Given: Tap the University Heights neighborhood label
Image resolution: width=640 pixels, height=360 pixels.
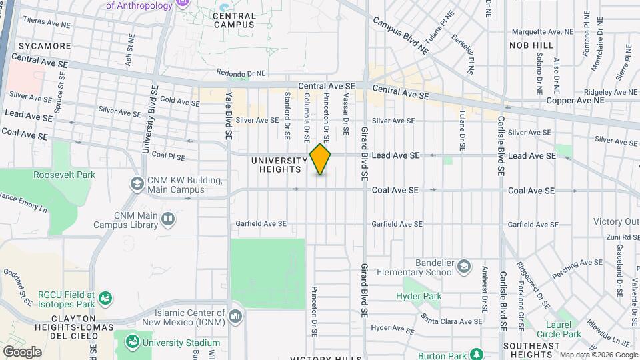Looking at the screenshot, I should [279, 165].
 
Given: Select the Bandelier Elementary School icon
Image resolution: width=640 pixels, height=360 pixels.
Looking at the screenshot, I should [463, 267].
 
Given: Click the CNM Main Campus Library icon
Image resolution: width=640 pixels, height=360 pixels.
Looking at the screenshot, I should [168, 219].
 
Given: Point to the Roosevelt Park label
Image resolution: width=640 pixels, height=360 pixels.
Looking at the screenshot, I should [64, 175].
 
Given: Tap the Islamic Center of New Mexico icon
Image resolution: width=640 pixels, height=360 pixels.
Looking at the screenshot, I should [234, 315].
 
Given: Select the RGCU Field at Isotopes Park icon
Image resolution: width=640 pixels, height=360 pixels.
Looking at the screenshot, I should [105, 297].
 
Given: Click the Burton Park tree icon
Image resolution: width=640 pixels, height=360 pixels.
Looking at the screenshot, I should [477, 353].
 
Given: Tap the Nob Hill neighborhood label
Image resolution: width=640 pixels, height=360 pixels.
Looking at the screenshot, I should [531, 45].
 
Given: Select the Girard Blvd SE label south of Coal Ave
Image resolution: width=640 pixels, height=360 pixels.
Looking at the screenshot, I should [365, 283].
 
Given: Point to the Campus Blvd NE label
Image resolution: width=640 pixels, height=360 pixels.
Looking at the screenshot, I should [400, 35].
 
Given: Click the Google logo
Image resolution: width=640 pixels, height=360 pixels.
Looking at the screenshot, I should [21, 351].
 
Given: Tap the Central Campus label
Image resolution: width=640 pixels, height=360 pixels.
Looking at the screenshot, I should [234, 20].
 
